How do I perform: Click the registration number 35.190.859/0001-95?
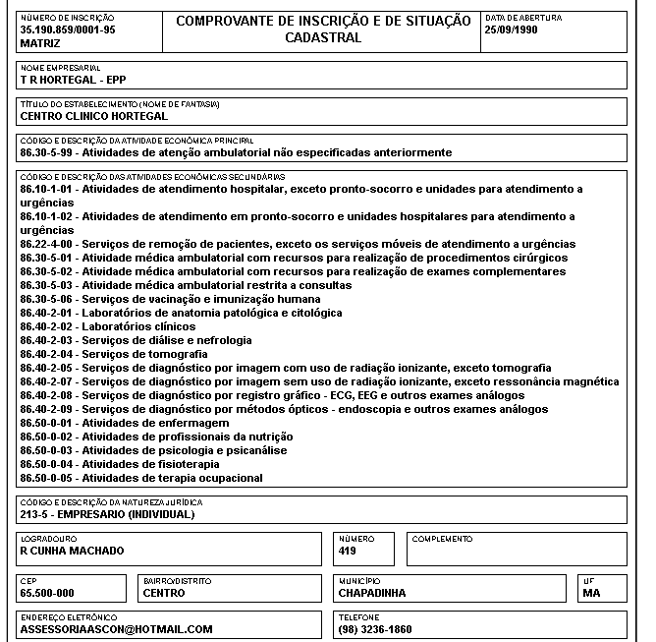pos(67,30)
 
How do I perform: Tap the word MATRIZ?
pos(39,44)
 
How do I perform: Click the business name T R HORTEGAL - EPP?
pos(74,80)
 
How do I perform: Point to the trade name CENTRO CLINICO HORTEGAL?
pos(93,116)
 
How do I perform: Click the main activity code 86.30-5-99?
pos(47,152)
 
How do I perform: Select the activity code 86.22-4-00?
pos(47,244)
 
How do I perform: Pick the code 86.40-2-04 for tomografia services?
pos(47,354)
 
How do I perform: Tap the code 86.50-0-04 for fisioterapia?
pos(47,464)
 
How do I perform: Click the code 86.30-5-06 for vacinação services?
pos(47,299)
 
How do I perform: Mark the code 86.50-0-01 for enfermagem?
pos(47,423)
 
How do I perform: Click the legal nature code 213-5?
pos(35,513)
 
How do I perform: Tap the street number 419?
pos(347,551)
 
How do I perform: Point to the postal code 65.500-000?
pos(47,593)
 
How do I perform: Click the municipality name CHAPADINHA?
pos(371,593)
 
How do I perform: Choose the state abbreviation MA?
pos(590,593)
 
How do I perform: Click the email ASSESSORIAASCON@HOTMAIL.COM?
pos(116,628)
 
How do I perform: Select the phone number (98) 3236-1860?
pos(375,628)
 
